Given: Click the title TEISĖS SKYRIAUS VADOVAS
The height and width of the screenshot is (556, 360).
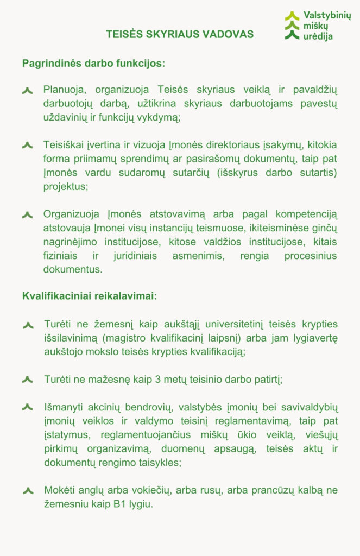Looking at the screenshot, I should (x=180, y=34).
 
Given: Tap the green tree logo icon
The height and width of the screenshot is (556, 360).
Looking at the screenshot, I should (x=292, y=26).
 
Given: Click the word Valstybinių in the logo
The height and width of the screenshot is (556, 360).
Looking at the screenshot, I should (x=327, y=16).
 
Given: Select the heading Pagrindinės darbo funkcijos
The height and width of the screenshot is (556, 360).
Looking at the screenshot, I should (x=93, y=63).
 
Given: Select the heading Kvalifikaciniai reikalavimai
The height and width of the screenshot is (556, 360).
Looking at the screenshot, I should (x=90, y=296).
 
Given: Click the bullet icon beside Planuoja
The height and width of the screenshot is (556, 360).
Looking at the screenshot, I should (x=28, y=90).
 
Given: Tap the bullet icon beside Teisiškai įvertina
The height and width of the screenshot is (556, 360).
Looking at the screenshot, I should (x=28, y=146).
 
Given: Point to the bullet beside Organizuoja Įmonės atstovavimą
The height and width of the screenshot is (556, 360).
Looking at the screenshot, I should (x=28, y=215).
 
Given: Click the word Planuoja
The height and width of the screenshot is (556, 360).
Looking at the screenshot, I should (x=62, y=90).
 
